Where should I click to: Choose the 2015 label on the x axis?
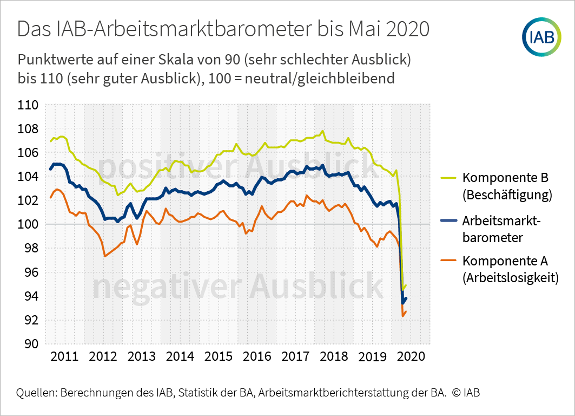219,357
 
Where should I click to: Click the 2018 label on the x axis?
334,357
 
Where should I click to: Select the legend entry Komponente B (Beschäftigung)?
506,186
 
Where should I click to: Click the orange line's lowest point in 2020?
402,316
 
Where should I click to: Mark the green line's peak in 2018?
322,131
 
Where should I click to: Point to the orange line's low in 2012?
105,256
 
